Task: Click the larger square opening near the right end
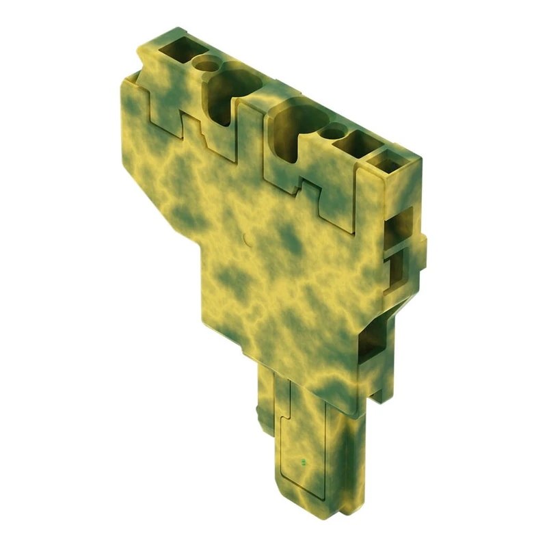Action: [357, 146]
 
